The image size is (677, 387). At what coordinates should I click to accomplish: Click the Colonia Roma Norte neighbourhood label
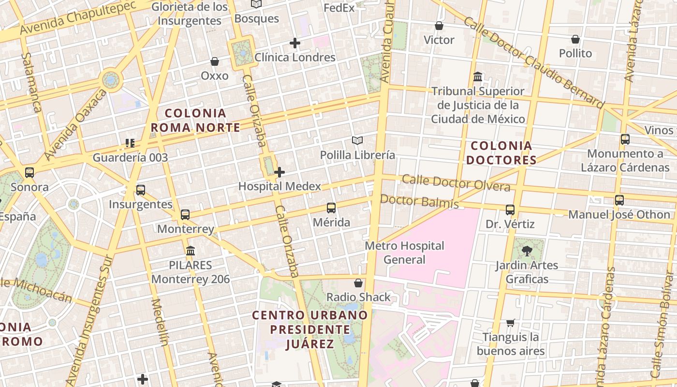point(195,120)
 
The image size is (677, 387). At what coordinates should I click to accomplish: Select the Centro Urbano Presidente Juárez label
point(310,329)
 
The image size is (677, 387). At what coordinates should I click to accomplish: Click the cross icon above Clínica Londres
point(295,43)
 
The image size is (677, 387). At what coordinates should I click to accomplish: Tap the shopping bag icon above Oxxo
point(215,61)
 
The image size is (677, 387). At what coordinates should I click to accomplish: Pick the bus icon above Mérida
point(331,208)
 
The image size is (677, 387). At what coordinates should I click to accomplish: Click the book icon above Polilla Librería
point(357,141)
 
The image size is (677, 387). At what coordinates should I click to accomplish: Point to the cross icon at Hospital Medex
point(280,172)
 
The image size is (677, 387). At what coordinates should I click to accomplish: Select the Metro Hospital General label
point(404,253)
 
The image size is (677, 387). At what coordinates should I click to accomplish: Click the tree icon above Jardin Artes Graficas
point(527,251)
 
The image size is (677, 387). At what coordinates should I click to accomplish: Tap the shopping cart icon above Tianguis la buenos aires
point(511,323)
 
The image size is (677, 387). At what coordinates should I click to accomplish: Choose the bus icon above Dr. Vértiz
point(510,210)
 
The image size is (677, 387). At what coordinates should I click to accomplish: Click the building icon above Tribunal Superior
point(478,77)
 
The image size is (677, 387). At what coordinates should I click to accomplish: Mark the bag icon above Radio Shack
point(358,283)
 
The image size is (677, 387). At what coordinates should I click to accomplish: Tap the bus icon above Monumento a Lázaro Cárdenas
point(625,139)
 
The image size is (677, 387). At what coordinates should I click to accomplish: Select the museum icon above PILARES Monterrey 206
point(191,251)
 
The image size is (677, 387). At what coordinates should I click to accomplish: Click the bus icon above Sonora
point(29,173)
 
